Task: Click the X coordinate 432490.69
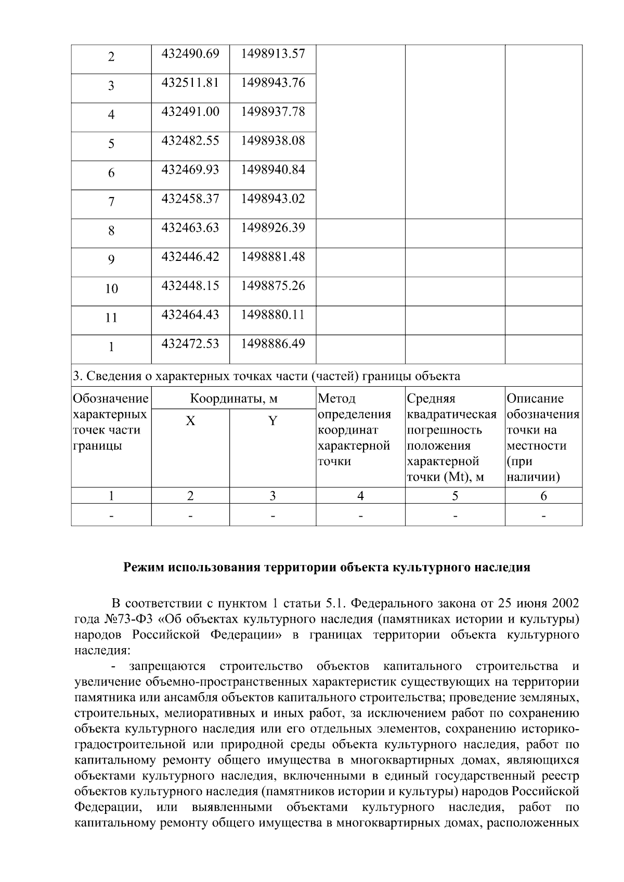190,54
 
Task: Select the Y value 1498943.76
272,83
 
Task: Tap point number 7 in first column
111,202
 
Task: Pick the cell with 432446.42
190,257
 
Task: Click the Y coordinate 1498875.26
272,286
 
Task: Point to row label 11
111,318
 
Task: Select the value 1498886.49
272,344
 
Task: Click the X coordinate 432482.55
190,141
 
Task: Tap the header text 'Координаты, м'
233,399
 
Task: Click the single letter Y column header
272,420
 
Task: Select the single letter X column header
190,420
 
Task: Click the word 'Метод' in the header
336,399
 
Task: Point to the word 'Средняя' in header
431,399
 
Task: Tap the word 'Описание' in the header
535,399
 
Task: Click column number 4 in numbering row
360,496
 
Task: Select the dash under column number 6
543,516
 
